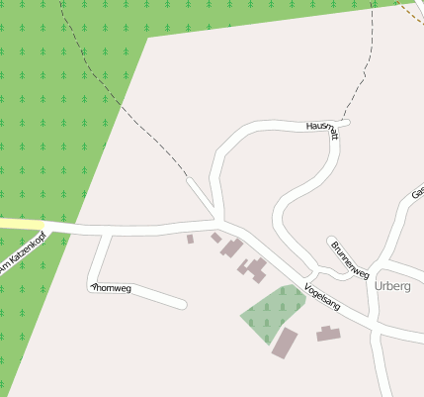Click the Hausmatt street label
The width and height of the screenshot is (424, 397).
[323, 129]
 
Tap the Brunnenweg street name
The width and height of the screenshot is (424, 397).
[350, 259]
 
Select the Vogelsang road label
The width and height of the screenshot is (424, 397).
[322, 297]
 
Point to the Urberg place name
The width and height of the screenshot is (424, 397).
[392, 285]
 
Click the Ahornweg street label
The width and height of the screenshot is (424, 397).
[111, 288]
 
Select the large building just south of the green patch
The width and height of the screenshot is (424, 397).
[285, 343]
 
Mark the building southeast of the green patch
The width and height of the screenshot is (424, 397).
[328, 334]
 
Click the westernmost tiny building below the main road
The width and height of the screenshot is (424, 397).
[191, 239]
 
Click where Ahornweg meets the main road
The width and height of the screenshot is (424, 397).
[100, 234]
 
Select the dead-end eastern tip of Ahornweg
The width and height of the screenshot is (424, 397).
[182, 303]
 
